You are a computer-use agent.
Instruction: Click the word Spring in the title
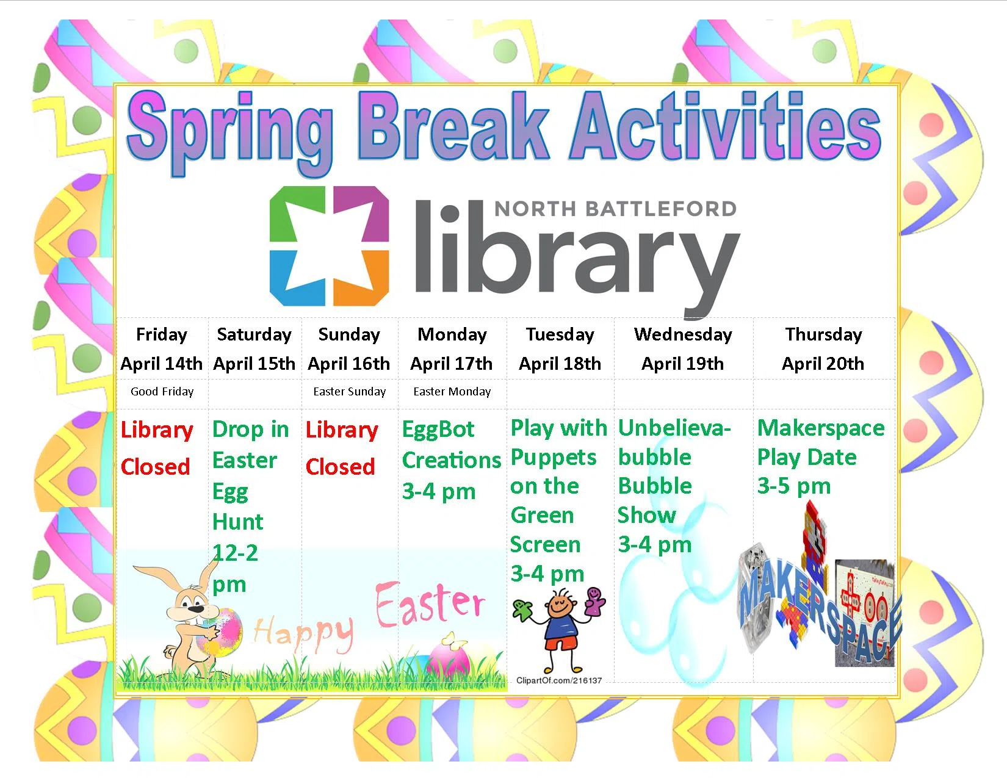(x=230, y=132)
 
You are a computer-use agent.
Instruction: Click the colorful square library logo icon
(x=329, y=246)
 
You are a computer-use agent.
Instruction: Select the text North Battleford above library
(x=615, y=209)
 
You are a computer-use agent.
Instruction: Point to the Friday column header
(x=162, y=334)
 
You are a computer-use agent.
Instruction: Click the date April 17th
(x=452, y=364)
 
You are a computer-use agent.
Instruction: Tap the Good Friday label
(x=162, y=392)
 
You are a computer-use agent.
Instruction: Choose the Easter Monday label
(x=452, y=392)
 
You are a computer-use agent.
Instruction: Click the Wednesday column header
(x=683, y=334)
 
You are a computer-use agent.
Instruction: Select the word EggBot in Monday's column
(x=438, y=429)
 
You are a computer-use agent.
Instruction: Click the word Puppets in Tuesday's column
(x=554, y=458)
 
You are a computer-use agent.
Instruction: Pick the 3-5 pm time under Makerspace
(x=794, y=486)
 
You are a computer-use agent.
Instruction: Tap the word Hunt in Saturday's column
(x=238, y=522)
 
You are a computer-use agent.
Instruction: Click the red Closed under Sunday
(x=340, y=467)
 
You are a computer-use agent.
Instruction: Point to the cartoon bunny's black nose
(x=197, y=608)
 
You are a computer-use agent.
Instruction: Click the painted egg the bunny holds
(x=219, y=633)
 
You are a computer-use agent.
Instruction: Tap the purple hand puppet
(x=594, y=601)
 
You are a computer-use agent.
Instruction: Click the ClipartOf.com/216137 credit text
(x=559, y=681)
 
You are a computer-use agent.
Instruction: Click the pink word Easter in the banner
(x=430, y=604)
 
